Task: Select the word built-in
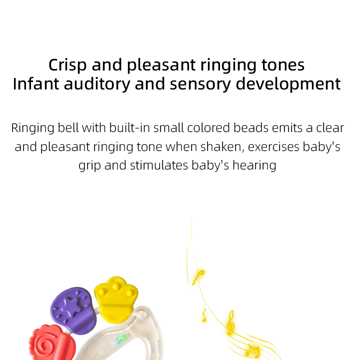point(127,128)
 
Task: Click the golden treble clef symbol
point(230,322)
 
